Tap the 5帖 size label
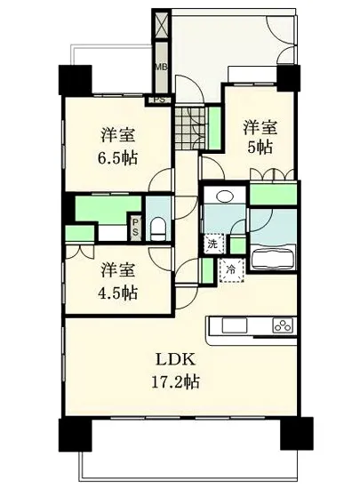click(x=259, y=148)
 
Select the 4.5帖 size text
click(x=117, y=291)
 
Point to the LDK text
click(x=175, y=360)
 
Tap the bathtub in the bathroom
click(x=273, y=261)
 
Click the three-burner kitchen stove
click(x=283, y=325)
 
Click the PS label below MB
click(x=161, y=100)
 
